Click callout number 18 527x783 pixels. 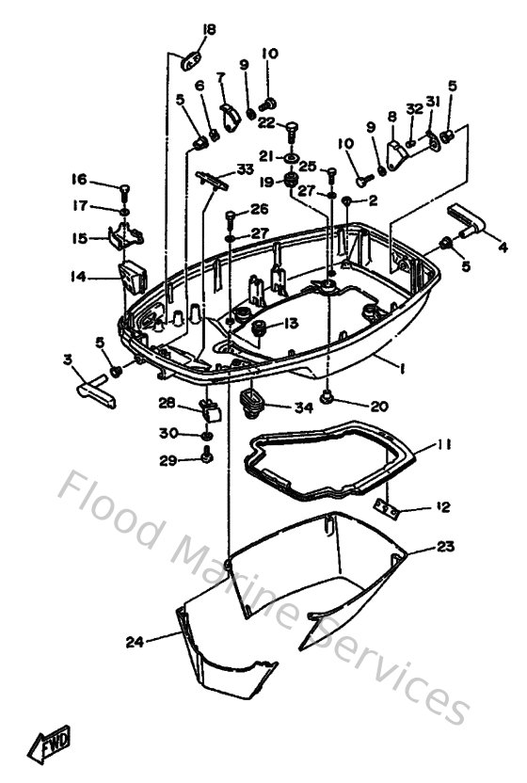[x=209, y=30]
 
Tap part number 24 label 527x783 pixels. [x=136, y=642]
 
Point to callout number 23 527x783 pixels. [x=446, y=546]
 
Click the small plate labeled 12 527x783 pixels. [x=388, y=507]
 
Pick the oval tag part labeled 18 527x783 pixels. [x=192, y=60]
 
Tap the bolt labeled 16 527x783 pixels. [x=123, y=188]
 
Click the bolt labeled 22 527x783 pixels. [x=291, y=127]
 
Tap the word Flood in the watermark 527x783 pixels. [x=109, y=508]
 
